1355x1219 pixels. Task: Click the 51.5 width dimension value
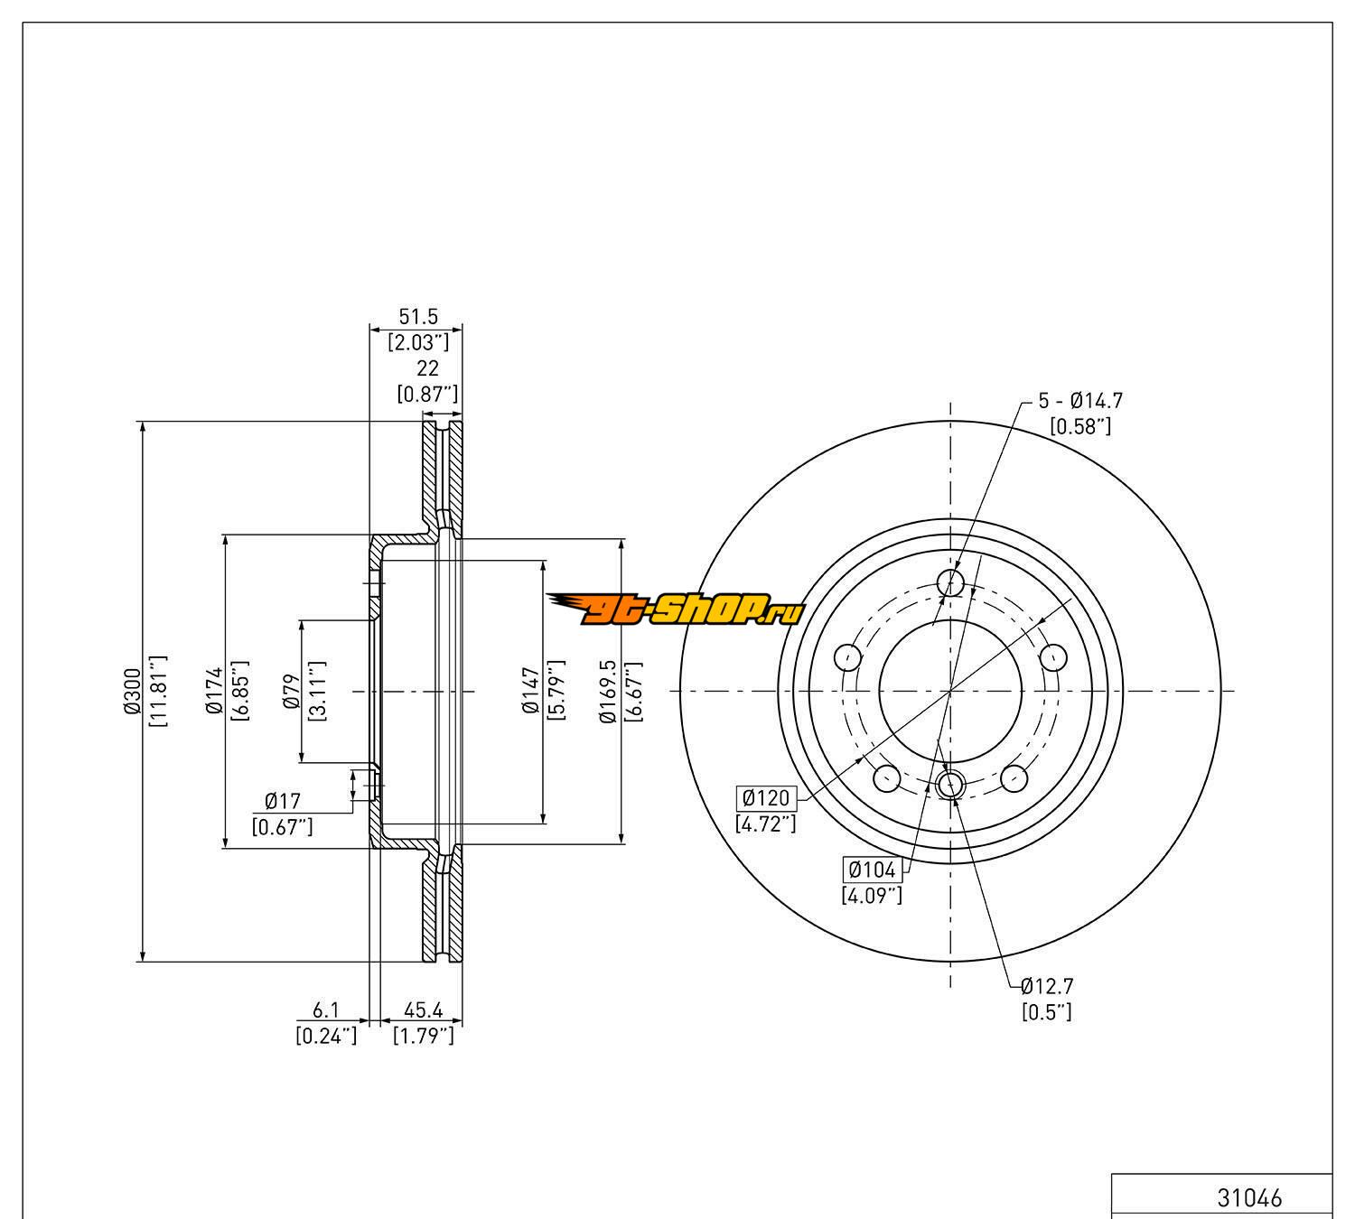pyautogui.click(x=418, y=316)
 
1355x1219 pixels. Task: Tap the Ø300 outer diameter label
pyautogui.click(x=132, y=690)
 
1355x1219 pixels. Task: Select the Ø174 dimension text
pyautogui.click(x=214, y=690)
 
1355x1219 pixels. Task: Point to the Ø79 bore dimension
pyautogui.click(x=291, y=691)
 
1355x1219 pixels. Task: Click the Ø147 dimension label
pyautogui.click(x=531, y=690)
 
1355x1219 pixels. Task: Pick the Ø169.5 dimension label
pyautogui.click(x=608, y=691)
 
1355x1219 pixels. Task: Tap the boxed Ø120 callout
pyautogui.click(x=766, y=797)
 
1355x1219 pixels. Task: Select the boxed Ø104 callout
pyautogui.click(x=872, y=870)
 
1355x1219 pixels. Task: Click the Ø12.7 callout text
pyautogui.click(x=1047, y=987)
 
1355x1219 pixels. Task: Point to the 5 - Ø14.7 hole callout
pyautogui.click(x=1080, y=401)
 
